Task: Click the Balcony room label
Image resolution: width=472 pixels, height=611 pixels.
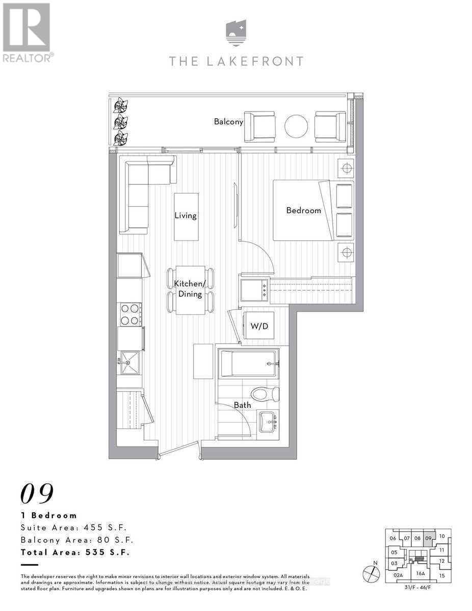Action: pyautogui.click(x=228, y=122)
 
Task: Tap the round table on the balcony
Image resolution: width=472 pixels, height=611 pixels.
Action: pyautogui.click(x=296, y=126)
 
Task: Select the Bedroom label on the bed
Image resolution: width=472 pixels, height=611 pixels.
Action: pyautogui.click(x=303, y=210)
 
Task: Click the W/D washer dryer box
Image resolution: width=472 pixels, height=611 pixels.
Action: pyautogui.click(x=259, y=326)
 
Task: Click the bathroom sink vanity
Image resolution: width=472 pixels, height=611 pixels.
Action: pyautogui.click(x=269, y=422)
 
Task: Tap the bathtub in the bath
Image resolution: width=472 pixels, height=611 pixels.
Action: pyautogui.click(x=248, y=364)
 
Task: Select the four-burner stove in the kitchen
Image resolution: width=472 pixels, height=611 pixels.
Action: pyautogui.click(x=129, y=314)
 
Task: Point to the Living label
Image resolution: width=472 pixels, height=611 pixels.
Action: pyautogui.click(x=186, y=215)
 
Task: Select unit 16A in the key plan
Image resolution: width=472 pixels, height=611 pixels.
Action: pyautogui.click(x=420, y=573)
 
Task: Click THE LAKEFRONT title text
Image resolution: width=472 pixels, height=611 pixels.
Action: pyautogui.click(x=236, y=62)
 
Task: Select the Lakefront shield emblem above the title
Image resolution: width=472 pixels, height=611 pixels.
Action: pyautogui.click(x=236, y=33)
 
